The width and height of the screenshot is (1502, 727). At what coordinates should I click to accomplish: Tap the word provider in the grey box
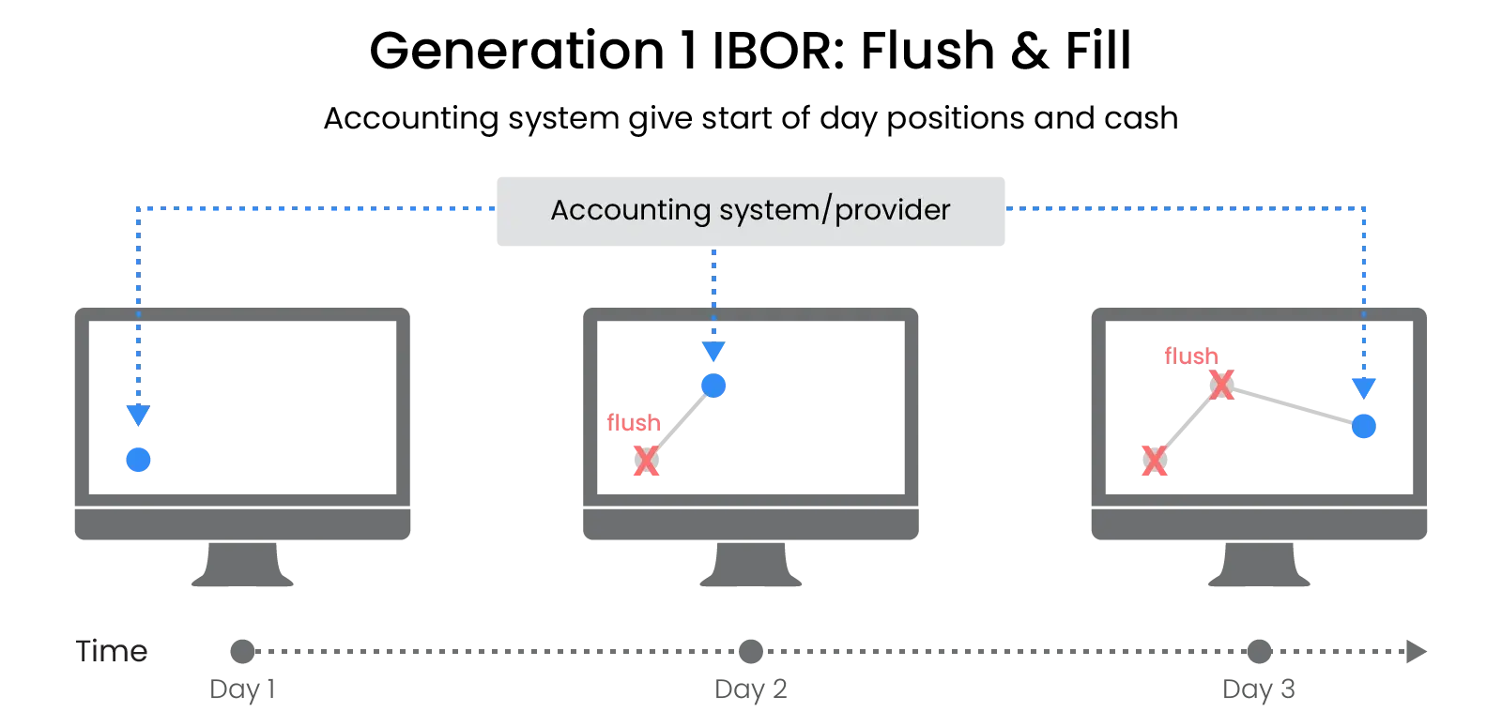pos(892,210)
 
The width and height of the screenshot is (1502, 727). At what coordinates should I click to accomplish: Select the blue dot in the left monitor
pos(138,459)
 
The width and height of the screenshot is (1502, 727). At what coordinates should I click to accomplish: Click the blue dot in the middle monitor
pos(713,385)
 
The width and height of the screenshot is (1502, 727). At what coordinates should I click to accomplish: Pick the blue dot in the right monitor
pos(1364,427)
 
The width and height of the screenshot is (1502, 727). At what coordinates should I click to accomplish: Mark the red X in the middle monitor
pos(645,461)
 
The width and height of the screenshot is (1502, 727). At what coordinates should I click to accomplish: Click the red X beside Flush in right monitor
pos(1222,385)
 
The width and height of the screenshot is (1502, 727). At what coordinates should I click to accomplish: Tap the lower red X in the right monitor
pos(1155,461)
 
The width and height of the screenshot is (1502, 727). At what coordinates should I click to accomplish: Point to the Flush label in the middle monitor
pos(633,423)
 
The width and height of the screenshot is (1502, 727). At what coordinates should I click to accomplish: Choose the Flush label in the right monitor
pos(1191,356)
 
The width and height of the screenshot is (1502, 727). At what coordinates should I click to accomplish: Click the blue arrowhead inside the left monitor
pos(138,414)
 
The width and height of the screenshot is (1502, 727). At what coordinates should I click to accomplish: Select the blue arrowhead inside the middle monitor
pos(713,351)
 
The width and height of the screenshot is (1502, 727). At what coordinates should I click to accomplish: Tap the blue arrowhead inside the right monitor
pos(1364,386)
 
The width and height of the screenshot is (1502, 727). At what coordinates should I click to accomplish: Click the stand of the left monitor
pos(241,567)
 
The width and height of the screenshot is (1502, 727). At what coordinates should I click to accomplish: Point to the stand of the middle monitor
pos(750,567)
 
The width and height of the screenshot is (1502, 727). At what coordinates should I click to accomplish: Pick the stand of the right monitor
pos(1258,567)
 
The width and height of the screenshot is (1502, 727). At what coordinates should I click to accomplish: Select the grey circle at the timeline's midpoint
pos(751,651)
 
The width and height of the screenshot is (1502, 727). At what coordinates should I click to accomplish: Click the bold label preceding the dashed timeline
pos(112,653)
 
